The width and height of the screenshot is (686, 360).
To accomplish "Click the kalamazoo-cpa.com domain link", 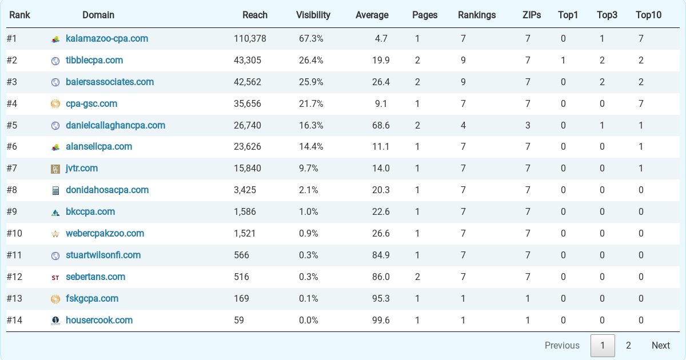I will [x=107, y=39].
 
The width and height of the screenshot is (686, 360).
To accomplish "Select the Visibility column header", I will [x=313, y=15].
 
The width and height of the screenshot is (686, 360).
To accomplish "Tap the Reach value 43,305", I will [x=248, y=61].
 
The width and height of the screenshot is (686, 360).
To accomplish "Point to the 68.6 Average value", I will [x=381, y=125].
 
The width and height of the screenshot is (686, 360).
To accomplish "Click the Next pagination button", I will [x=660, y=345].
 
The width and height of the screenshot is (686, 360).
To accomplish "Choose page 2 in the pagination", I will [x=628, y=345].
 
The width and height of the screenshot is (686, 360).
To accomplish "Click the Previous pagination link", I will [x=562, y=345].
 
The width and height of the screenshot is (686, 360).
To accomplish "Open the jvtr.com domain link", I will [x=82, y=169].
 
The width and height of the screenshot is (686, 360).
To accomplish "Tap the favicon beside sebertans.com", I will [x=55, y=278].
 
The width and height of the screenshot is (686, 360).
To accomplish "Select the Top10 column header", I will [x=648, y=15].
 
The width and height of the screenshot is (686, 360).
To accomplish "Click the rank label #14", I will [x=14, y=320].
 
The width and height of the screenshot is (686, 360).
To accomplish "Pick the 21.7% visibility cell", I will [x=311, y=104].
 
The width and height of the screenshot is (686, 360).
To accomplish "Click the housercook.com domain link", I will [x=99, y=320].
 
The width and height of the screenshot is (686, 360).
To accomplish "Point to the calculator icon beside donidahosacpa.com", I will [x=55, y=191].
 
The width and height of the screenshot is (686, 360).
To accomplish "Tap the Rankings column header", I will [x=477, y=15].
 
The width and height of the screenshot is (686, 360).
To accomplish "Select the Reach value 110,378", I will [x=250, y=39].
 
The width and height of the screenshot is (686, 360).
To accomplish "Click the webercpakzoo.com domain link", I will [x=105, y=233].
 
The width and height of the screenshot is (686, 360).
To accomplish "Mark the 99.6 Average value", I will [x=381, y=320].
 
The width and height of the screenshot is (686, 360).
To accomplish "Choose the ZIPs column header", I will [x=532, y=15].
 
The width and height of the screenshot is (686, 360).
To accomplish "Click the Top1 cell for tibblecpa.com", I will [x=563, y=61].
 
